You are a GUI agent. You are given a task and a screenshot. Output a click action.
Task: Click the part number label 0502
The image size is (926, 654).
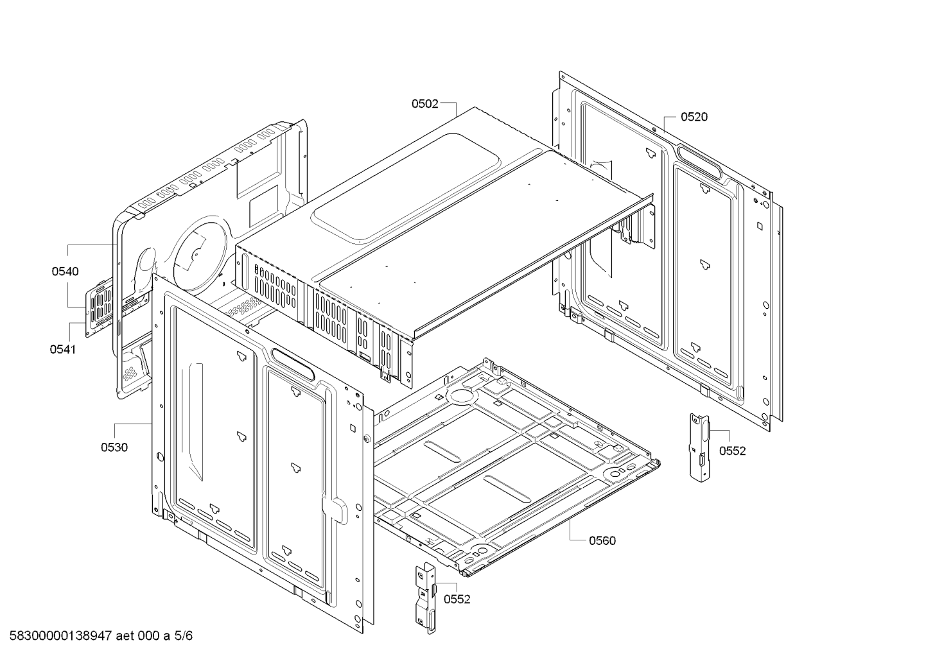click(x=425, y=103)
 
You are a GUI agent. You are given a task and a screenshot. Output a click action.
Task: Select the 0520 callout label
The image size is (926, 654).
click(x=694, y=117)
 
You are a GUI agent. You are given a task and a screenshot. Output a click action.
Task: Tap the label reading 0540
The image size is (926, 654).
click(x=65, y=271)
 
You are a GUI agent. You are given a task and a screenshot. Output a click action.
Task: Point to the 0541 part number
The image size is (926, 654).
click(x=62, y=350)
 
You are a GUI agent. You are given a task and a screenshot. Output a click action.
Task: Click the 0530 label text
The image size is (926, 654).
click(x=114, y=447)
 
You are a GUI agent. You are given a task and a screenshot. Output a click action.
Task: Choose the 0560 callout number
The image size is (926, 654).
click(x=602, y=540)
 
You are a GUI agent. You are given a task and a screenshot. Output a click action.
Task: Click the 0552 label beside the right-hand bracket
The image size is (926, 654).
click(x=732, y=451)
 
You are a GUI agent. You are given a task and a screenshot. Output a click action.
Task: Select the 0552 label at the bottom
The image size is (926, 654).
click(x=457, y=599)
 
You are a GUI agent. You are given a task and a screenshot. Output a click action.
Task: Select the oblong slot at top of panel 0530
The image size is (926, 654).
click(x=293, y=363)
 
